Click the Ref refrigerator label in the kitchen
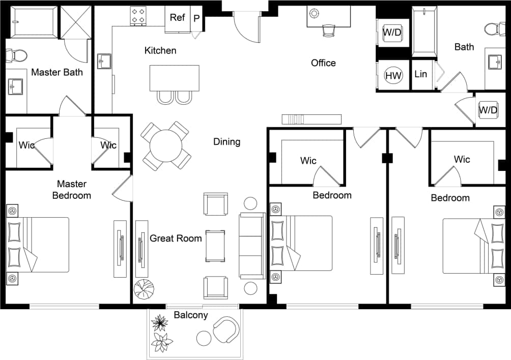[x=177, y=18]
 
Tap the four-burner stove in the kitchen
[x=138, y=16]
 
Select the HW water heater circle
[x=393, y=76]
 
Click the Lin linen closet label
[x=421, y=74]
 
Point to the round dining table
[x=166, y=145]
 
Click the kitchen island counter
[x=174, y=78]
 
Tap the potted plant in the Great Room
[x=144, y=289]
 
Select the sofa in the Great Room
[x=252, y=246]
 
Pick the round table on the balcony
[x=204, y=338]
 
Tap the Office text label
[x=323, y=63]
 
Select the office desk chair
[x=328, y=31]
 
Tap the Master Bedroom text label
[x=72, y=190]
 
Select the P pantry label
[x=196, y=18]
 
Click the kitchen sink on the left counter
[x=104, y=61]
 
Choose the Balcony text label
[x=191, y=315]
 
